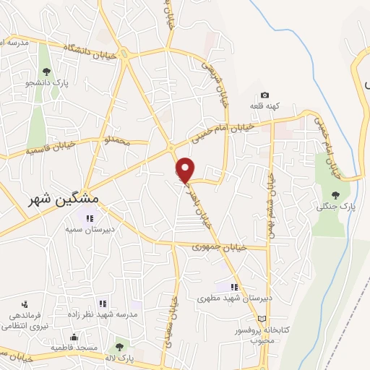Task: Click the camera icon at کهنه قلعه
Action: [264, 95]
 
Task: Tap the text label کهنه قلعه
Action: [264, 106]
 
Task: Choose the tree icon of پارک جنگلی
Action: [335, 194]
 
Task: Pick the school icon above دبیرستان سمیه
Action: [90, 218]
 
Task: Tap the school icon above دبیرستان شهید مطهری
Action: [234, 287]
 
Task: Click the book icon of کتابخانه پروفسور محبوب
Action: [262, 319]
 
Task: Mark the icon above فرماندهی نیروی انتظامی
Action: [24, 304]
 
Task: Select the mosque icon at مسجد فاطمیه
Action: [73, 337]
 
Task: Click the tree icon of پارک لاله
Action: [119, 347]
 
